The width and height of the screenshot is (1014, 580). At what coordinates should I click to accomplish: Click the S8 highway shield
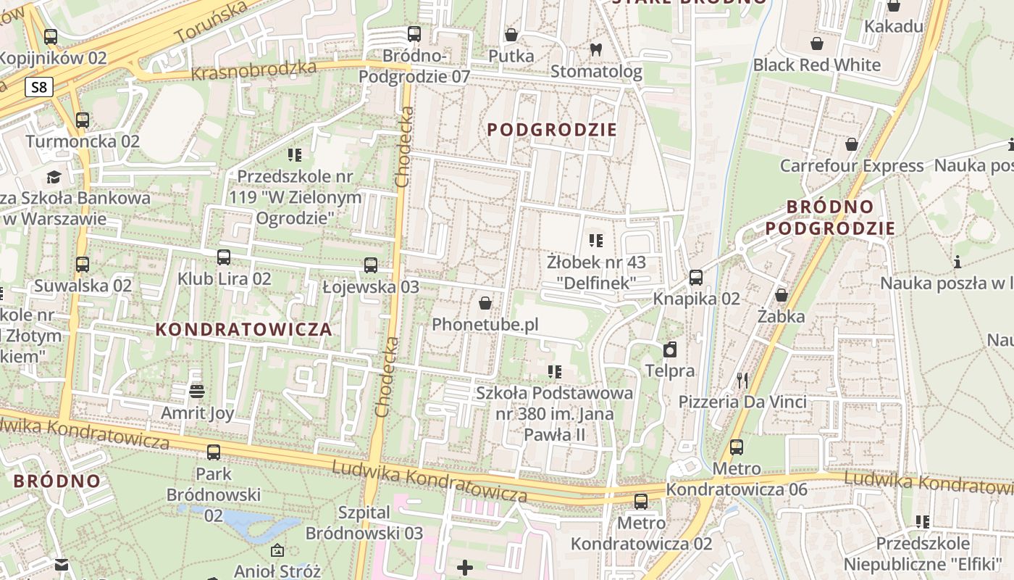(39, 88)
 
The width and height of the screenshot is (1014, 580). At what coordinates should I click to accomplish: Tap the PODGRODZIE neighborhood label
(552, 130)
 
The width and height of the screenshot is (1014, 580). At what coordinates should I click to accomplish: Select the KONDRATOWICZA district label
(244, 329)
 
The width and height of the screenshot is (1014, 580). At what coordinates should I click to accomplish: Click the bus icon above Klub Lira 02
(224, 257)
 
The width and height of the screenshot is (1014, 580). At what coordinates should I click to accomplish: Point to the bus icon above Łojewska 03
(371, 265)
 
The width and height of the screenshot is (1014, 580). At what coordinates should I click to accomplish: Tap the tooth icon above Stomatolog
(596, 50)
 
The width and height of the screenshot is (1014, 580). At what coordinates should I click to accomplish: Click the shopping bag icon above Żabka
(782, 295)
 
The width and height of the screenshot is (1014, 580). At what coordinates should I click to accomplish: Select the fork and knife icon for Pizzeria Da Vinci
(742, 380)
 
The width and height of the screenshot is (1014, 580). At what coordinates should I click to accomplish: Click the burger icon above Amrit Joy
(196, 391)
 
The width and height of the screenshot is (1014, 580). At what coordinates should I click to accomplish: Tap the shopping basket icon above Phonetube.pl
(485, 302)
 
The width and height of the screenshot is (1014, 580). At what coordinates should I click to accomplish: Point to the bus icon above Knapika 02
(696, 277)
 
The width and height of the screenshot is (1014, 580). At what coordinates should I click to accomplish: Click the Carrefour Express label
(852, 166)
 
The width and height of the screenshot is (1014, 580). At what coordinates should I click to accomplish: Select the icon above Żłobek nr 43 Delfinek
(596, 240)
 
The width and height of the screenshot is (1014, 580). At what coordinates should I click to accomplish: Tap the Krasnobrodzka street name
(253, 71)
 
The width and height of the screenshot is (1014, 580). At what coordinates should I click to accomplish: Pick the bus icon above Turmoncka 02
(83, 120)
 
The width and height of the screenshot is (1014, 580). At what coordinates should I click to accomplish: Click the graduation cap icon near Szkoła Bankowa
(54, 177)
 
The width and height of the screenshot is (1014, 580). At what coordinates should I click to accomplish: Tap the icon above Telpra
(670, 350)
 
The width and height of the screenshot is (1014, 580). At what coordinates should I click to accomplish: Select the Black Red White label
(817, 65)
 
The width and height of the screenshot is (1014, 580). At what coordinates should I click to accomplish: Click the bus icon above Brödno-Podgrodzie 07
(414, 34)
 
